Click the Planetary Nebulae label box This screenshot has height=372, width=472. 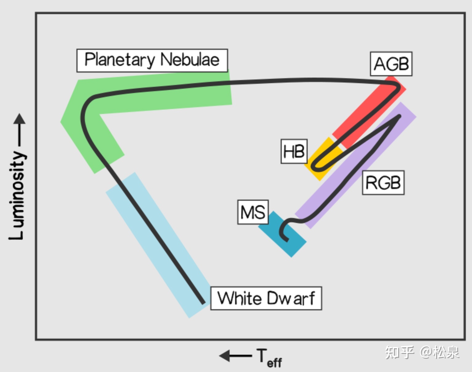[x=152, y=60]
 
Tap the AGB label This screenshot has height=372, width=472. [x=391, y=64]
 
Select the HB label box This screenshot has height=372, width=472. [x=294, y=151]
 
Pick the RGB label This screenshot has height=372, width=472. [x=383, y=182]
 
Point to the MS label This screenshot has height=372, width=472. [x=253, y=212]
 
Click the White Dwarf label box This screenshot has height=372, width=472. [x=266, y=298]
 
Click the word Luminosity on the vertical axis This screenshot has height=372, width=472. [x=17, y=196]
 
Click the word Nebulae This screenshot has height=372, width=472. [x=190, y=60]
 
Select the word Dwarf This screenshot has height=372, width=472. [x=291, y=298]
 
